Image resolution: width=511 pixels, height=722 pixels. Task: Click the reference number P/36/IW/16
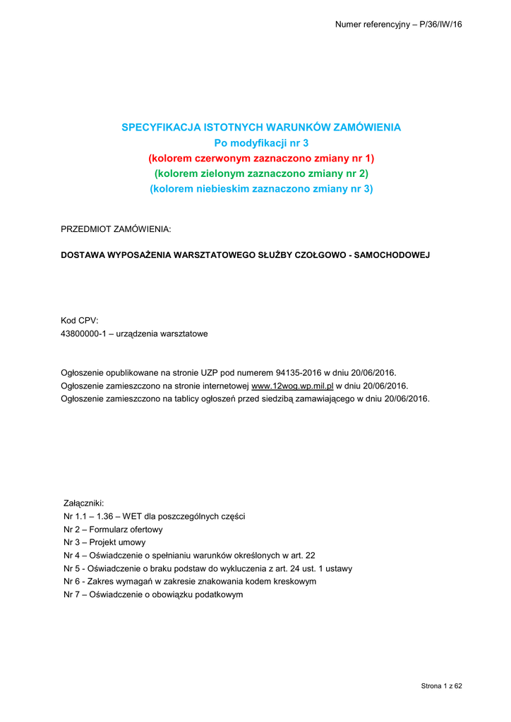tap(438, 25)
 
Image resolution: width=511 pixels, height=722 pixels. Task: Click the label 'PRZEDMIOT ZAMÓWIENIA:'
tap(116, 230)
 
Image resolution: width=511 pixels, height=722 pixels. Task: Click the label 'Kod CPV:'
tap(80, 320)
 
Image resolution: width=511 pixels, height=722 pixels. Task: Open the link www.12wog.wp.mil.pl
tap(292, 385)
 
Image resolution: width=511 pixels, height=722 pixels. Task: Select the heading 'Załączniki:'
tap(84, 503)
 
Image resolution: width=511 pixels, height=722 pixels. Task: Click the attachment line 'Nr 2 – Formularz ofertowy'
tap(113, 529)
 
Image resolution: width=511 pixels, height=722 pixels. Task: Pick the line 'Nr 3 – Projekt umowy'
tap(104, 542)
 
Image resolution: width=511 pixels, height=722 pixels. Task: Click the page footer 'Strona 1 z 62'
tap(441, 686)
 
